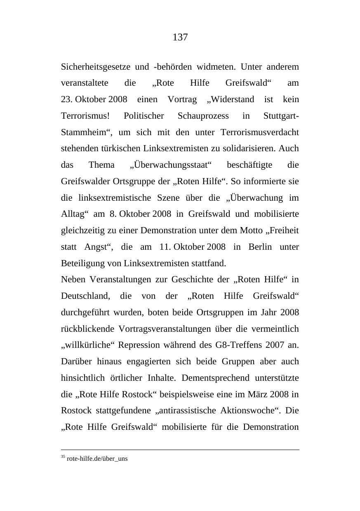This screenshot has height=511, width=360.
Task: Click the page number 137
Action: [x=180, y=38]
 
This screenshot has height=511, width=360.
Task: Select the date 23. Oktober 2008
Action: [x=94, y=100]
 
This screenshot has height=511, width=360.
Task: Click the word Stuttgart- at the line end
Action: [x=281, y=116]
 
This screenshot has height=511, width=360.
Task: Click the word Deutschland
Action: [x=85, y=296]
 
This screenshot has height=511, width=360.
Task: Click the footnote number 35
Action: [x=63, y=457]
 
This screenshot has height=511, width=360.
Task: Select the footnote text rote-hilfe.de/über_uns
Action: [x=97, y=459]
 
